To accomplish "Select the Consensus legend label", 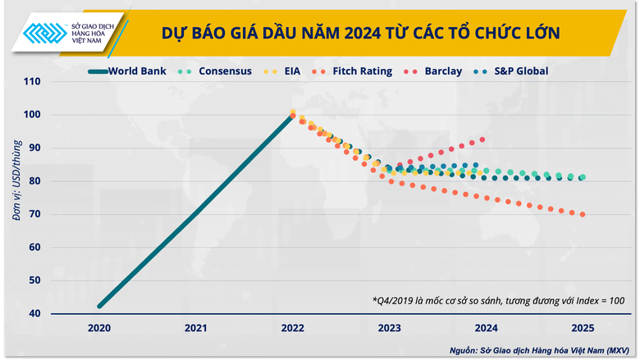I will click(x=225, y=71).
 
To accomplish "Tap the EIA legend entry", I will click(x=291, y=71).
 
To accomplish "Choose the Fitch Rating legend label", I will click(x=362, y=71).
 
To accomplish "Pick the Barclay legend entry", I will click(x=443, y=71).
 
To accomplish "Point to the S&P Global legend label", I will click(x=520, y=71).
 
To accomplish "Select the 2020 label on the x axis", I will click(x=98, y=328).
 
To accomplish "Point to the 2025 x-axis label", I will click(x=583, y=328).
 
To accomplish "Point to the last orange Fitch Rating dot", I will click(x=583, y=215).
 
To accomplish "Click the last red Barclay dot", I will click(x=482, y=139).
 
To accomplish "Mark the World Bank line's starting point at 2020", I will click(x=99, y=307).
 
